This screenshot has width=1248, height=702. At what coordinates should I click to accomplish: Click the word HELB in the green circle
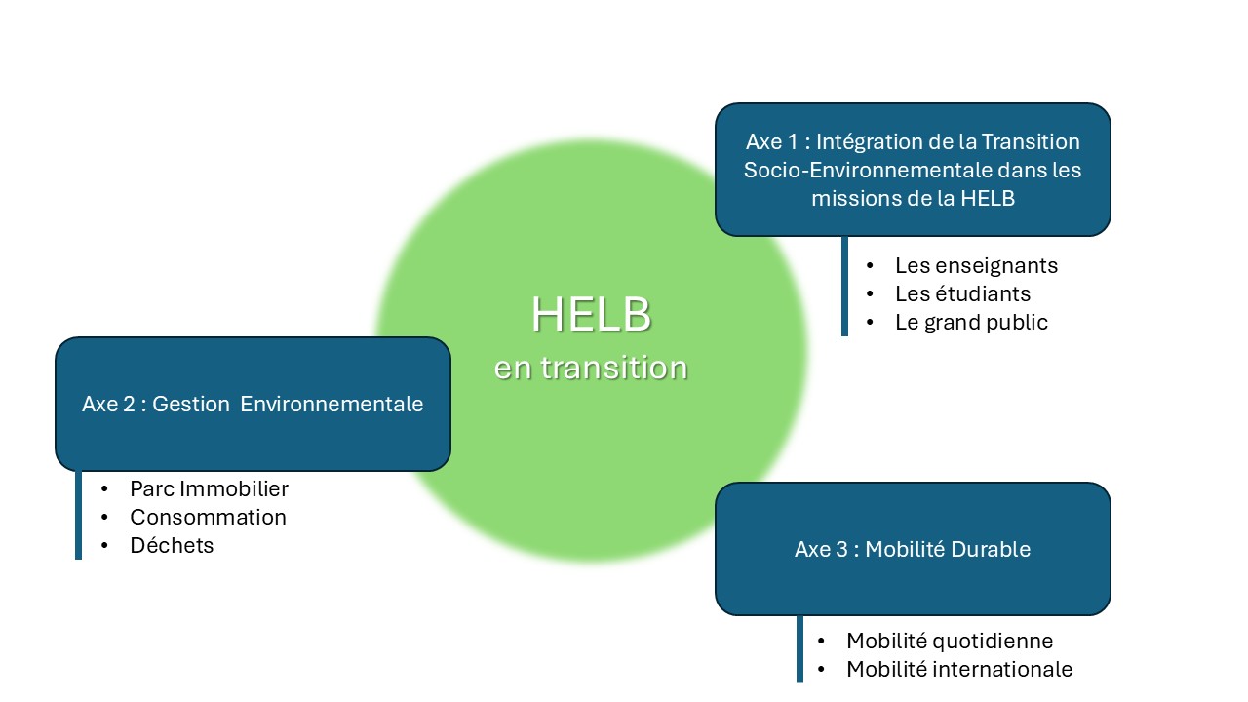(x=591, y=315)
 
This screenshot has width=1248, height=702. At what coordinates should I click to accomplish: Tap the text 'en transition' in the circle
(x=591, y=369)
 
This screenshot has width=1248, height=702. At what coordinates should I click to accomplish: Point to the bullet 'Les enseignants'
(x=976, y=265)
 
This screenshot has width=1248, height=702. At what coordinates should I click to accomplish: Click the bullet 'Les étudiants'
(x=962, y=293)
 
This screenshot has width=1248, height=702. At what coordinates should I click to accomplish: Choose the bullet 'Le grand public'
(x=971, y=322)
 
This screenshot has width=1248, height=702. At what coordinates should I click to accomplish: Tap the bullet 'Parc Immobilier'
(x=209, y=488)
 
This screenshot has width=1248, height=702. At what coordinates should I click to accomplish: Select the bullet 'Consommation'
(x=208, y=517)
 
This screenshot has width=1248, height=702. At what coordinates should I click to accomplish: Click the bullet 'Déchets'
(x=172, y=545)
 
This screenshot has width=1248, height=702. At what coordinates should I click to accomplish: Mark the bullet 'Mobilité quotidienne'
(x=950, y=641)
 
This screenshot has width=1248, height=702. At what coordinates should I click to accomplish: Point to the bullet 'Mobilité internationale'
(x=959, y=669)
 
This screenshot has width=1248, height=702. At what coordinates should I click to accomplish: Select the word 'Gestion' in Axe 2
(x=191, y=404)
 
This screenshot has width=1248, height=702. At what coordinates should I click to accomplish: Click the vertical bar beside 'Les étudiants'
(x=844, y=293)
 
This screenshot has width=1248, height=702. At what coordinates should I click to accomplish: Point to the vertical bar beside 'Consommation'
(x=78, y=517)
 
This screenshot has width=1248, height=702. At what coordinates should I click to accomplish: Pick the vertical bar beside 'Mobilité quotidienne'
(x=799, y=641)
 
